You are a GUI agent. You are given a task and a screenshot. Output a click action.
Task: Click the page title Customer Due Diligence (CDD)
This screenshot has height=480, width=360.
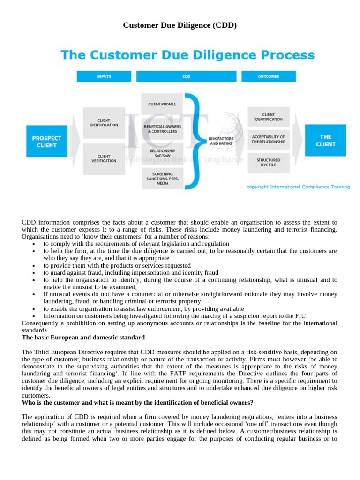tap(180, 25)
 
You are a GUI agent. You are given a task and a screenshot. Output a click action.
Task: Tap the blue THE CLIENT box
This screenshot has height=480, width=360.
tap(325, 141)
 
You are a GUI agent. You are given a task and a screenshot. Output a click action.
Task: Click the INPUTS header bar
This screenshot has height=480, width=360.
tap(104, 77)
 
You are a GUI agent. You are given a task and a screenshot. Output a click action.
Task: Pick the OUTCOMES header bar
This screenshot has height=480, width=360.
tap(268, 77)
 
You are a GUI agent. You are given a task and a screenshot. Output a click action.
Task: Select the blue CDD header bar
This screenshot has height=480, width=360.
tap(187, 77)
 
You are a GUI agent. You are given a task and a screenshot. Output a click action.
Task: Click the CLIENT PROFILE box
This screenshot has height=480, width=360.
tap(162, 104)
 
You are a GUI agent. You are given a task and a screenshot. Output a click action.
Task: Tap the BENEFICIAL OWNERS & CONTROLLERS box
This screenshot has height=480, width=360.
tap(162, 129)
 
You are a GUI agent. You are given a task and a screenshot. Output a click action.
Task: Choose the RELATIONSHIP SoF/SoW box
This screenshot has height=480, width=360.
tap(162, 153)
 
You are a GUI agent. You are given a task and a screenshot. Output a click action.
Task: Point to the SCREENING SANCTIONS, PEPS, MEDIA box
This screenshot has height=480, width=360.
tap(162, 179)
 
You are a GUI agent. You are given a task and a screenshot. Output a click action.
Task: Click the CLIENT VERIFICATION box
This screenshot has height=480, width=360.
tap(104, 158)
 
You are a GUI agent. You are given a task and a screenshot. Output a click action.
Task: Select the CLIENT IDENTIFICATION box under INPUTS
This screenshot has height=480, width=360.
tap(104, 123)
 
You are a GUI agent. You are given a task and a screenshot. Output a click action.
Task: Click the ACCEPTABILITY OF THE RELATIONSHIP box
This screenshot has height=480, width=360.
tap(268, 139)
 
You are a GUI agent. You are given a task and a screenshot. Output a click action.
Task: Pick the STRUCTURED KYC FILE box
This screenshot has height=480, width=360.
tap(268, 162)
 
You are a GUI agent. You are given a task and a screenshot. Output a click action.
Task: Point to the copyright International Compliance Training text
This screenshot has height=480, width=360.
tap(298, 187)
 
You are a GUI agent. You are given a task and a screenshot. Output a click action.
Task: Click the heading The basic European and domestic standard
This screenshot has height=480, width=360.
tap(83, 337)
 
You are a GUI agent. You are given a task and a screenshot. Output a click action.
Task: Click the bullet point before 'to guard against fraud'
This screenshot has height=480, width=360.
tap(33, 273)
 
